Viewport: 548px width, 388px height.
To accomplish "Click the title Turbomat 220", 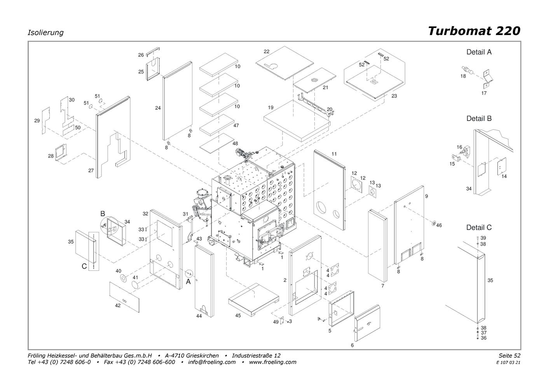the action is [474, 31].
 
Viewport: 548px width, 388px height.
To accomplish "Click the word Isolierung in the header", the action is [45, 32].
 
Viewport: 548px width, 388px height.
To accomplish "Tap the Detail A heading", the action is [479, 52].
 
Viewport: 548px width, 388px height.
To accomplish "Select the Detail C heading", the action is [479, 227].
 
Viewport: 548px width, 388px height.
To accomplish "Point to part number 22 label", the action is [266, 51].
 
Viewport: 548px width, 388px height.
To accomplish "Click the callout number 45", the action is [238, 316].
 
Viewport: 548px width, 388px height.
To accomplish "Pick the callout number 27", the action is [91, 170].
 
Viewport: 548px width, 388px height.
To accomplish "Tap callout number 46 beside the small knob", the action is [439, 225].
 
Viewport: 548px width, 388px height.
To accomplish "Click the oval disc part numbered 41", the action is [135, 284].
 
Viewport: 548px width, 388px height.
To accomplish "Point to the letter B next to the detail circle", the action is [103, 214].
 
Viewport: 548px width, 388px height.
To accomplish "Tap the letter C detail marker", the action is [84, 266].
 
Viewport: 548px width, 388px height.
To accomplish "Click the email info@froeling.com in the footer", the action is [211, 362].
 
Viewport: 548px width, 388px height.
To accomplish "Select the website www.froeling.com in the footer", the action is [272, 362].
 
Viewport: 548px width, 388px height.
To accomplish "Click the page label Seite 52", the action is [510, 355].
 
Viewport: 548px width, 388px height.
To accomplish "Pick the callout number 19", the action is [271, 107].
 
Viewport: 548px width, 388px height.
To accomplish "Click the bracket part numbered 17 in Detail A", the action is [488, 79].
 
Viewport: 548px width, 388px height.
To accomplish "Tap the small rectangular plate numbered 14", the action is [502, 166].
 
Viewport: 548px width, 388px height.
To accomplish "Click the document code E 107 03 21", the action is [508, 363].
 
